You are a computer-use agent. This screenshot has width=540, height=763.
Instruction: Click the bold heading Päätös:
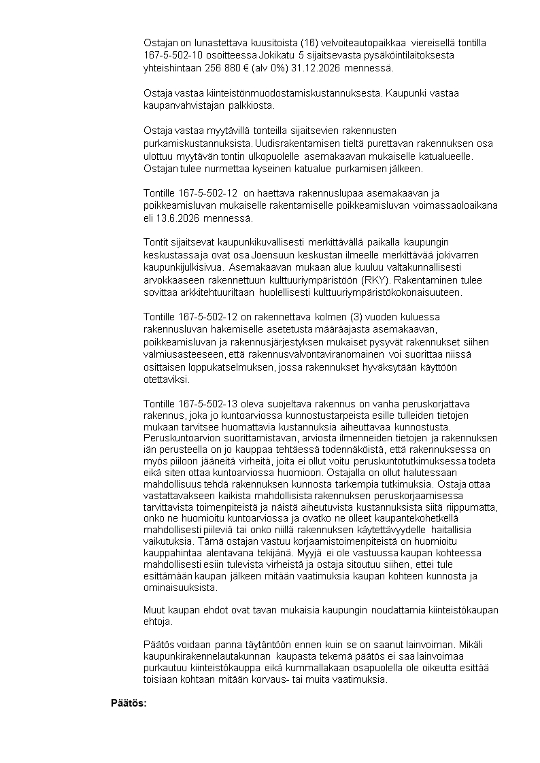[129, 702]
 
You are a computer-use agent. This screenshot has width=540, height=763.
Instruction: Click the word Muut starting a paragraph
[155, 609]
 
